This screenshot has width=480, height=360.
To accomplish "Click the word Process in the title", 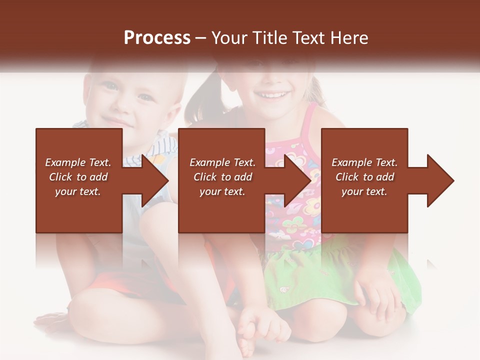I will [x=157, y=38].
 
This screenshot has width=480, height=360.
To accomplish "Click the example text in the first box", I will [x=78, y=177].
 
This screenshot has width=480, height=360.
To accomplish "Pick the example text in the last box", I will [x=364, y=177].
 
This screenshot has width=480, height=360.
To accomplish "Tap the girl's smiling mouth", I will [x=270, y=94].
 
